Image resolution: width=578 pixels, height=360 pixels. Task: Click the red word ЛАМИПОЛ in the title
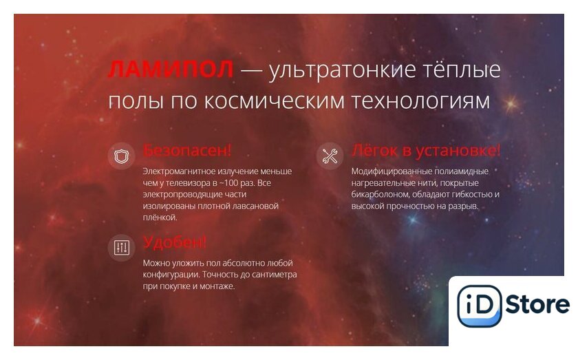pyautogui.click(x=171, y=69)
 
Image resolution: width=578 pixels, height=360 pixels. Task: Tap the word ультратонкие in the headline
pyautogui.click(x=342, y=70)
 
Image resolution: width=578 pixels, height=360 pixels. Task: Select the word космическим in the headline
pyautogui.click(x=274, y=100)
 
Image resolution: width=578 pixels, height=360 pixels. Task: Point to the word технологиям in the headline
pyautogui.click(x=420, y=100)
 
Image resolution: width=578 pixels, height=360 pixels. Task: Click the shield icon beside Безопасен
pyautogui.click(x=121, y=156)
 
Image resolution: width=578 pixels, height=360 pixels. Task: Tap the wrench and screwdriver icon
pyautogui.click(x=330, y=156)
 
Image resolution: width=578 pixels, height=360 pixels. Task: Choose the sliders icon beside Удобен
pyautogui.click(x=121, y=248)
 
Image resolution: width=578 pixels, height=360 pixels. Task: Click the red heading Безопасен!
pyautogui.click(x=187, y=151)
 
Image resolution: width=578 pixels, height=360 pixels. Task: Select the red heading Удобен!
pyautogui.click(x=174, y=243)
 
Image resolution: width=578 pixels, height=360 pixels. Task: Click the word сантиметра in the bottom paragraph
pyautogui.click(x=274, y=275)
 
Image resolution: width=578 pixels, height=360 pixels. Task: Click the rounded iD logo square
pyautogui.click(x=479, y=306)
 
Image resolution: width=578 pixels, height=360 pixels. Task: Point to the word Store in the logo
pyautogui.click(x=537, y=305)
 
